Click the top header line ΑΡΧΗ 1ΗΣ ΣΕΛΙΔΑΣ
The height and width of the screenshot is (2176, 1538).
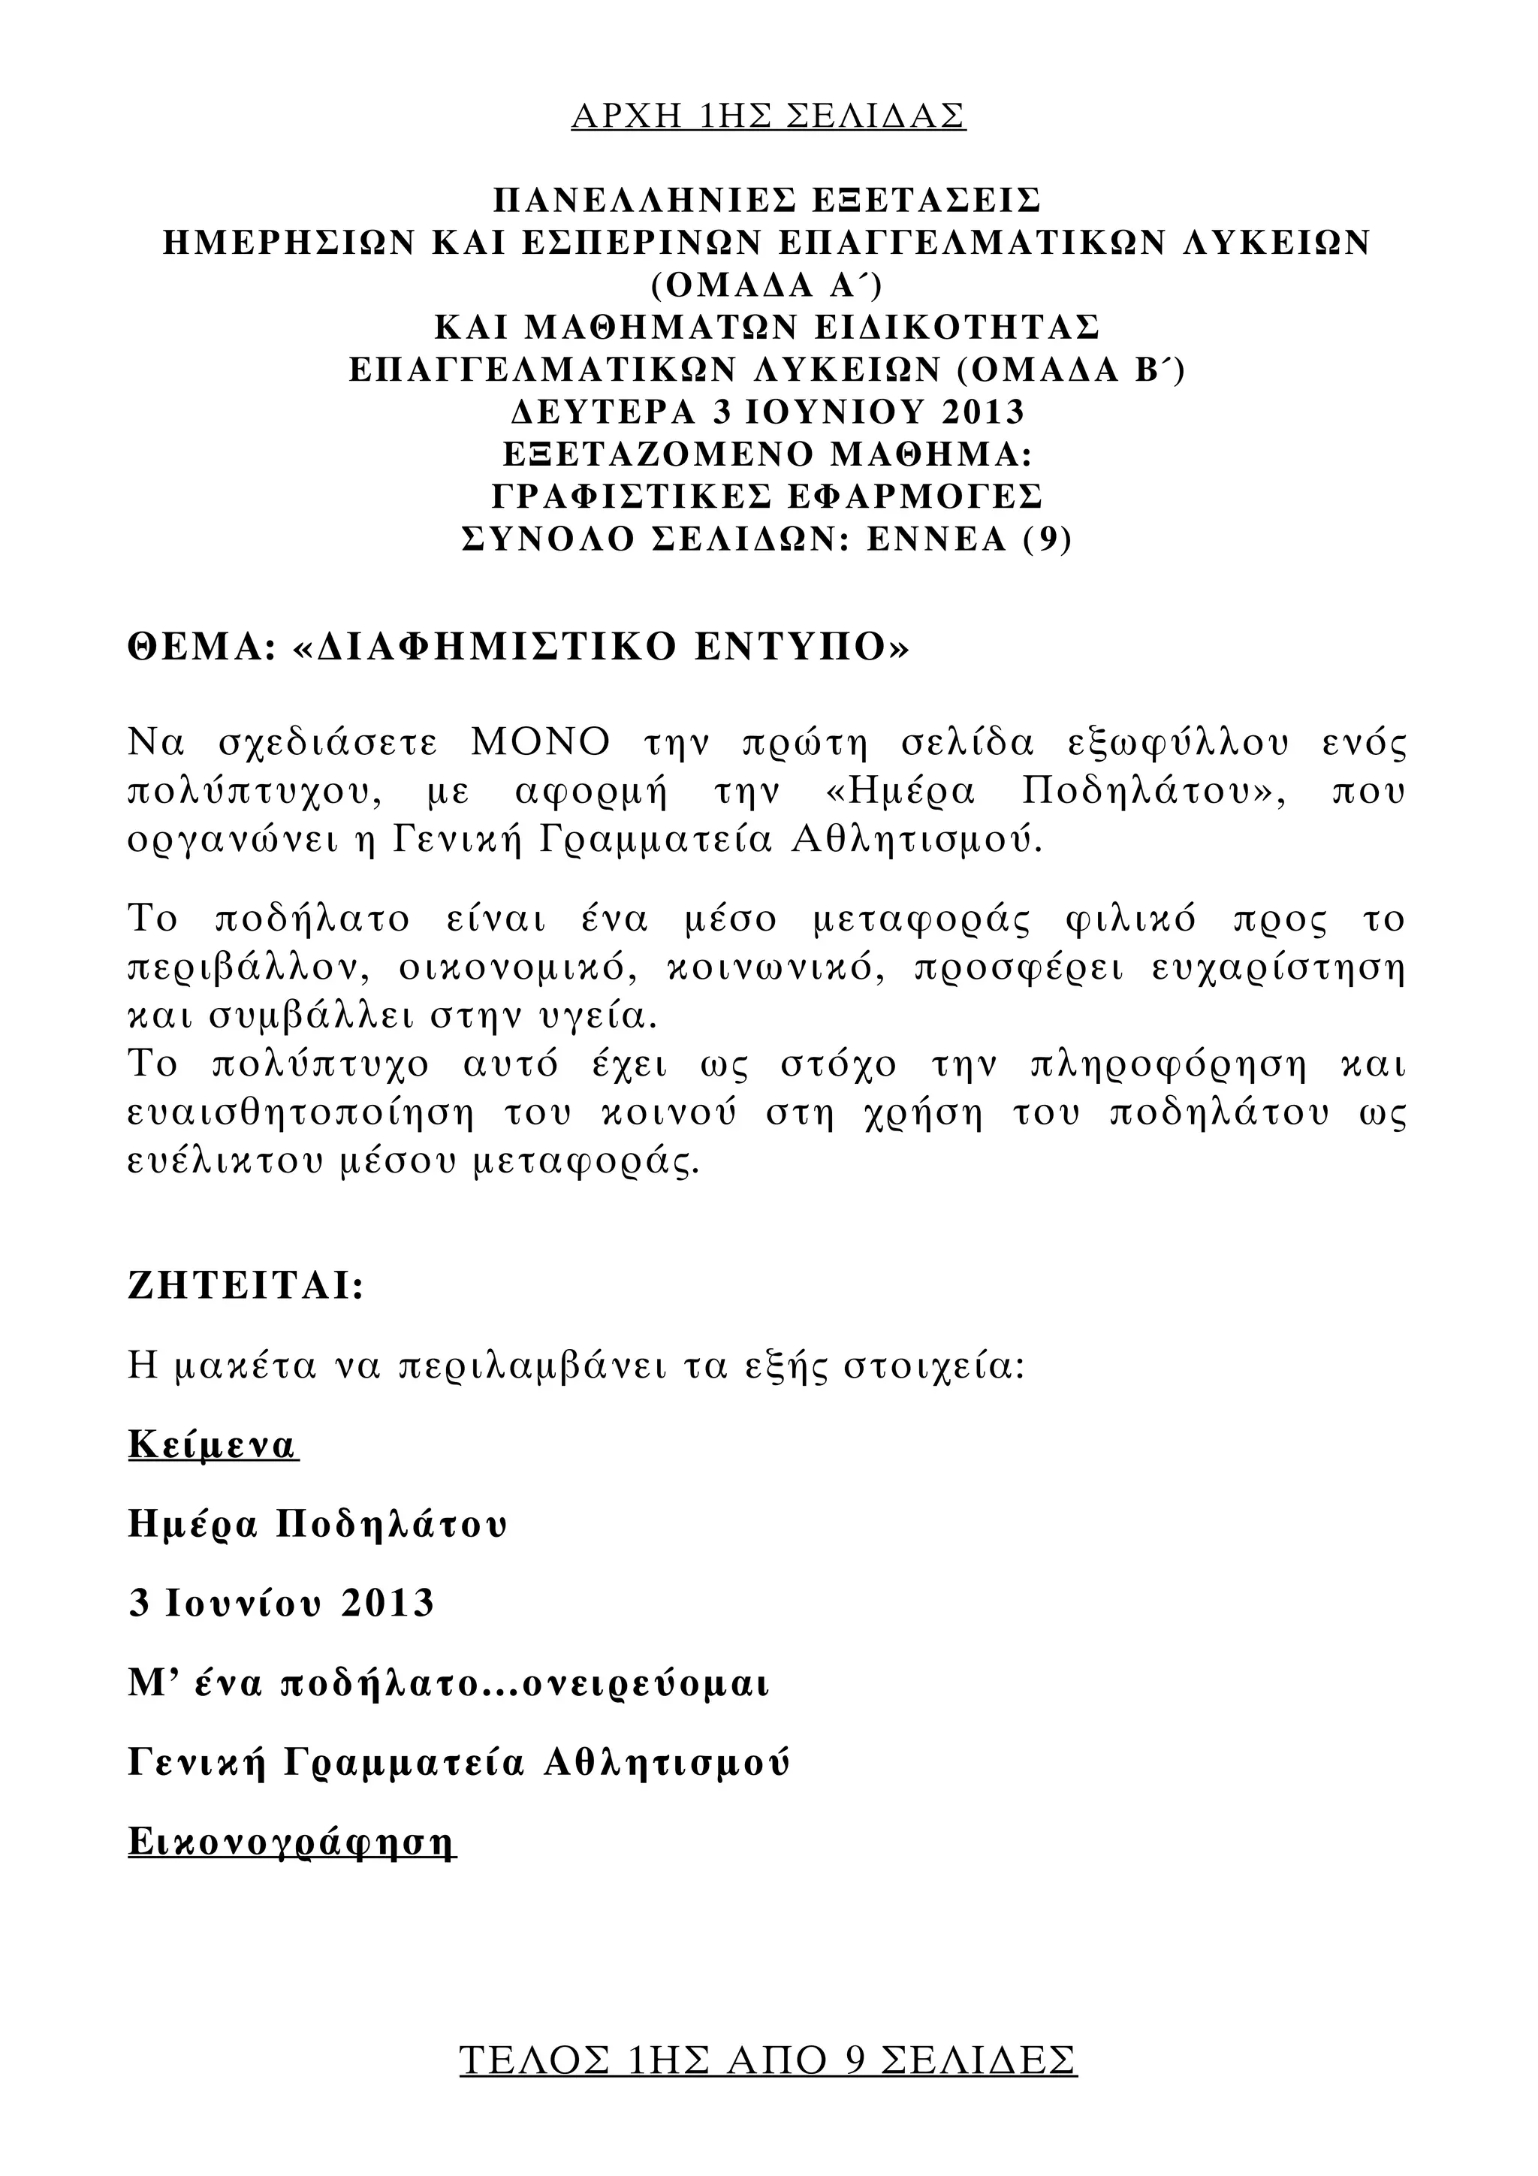point(767,116)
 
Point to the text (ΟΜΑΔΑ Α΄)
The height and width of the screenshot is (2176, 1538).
point(767,285)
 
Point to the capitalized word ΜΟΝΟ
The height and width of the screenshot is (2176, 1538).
point(541,743)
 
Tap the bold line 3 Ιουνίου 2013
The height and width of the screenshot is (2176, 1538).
point(282,1603)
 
